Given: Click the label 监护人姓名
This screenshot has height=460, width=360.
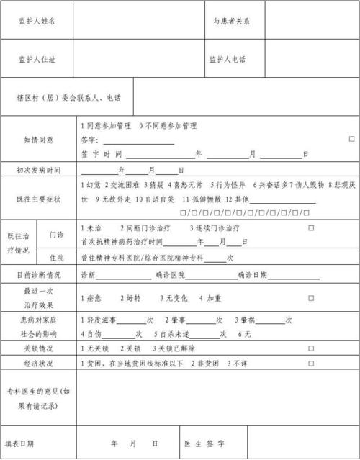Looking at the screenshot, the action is point(36,21).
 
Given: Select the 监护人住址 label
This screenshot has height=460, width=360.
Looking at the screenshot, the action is point(36,59).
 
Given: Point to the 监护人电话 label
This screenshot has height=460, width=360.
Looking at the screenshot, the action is point(228,59).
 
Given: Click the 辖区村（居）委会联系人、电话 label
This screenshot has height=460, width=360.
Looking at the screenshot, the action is point(68,96).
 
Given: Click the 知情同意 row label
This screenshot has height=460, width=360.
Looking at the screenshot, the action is point(39,140).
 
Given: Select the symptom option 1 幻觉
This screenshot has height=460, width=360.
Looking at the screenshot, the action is point(94,185).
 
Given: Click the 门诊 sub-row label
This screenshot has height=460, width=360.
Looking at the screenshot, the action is point(57,235).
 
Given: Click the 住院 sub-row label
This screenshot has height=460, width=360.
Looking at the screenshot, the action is point(57,257).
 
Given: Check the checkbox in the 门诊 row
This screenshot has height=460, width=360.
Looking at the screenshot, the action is point(311,227).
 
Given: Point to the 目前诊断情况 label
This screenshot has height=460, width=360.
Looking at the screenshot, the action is point(39,276).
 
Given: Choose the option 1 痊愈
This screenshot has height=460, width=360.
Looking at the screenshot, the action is point(95,297).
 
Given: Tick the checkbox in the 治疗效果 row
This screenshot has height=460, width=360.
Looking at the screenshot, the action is point(311,297).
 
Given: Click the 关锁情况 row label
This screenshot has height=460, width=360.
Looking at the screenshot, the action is point(39,348).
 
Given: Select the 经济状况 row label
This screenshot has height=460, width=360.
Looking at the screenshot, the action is point(39,364).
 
